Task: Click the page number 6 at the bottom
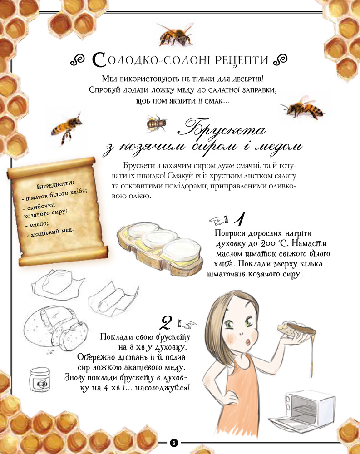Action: tap(174, 443)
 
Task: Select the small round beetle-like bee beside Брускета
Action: tap(157, 123)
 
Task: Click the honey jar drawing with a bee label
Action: tap(39, 380)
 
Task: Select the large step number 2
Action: tap(166, 322)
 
